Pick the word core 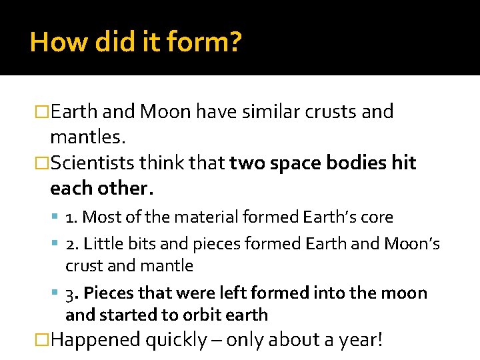[379, 217]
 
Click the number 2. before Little [73, 244]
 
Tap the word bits [133, 244]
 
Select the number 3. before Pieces [73, 293]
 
